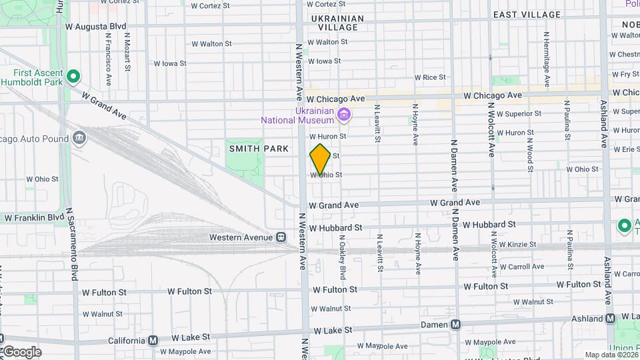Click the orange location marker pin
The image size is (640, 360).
point(320,159)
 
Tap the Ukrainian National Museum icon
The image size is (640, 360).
point(344,115)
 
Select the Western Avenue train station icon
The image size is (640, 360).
point(281,237)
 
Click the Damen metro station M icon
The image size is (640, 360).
point(456,325)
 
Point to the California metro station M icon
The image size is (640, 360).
point(153,340)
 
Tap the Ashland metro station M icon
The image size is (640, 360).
point(610,319)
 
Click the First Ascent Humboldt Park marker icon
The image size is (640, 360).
point(74,77)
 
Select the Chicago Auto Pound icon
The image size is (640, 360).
point(79,138)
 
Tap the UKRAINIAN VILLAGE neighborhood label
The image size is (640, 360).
point(337,23)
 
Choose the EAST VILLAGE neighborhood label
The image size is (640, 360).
point(527,15)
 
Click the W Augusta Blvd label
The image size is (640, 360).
point(97,27)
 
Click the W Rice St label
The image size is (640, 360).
point(429,78)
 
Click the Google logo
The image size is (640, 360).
point(21,352)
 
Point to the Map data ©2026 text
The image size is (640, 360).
point(610,355)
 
